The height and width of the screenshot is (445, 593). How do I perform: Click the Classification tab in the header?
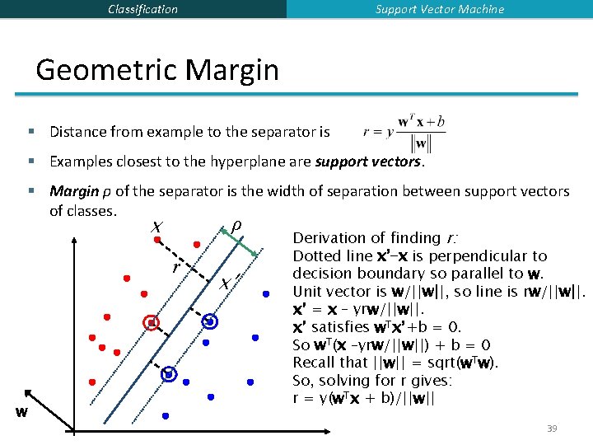[x=142, y=9]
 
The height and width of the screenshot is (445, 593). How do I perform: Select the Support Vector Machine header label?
[x=440, y=9]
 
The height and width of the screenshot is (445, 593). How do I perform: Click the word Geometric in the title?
[x=109, y=69]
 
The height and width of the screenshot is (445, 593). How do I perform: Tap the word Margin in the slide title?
[x=233, y=69]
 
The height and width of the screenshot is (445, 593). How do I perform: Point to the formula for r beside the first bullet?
[x=404, y=131]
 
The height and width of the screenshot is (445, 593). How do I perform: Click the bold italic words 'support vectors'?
[x=368, y=162]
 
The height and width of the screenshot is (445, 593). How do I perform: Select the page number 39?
[x=552, y=429]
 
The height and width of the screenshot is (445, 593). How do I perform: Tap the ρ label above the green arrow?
[x=236, y=225]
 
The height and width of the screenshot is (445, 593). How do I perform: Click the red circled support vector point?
[x=152, y=323]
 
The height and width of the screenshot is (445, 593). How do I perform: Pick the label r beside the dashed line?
[x=175, y=269]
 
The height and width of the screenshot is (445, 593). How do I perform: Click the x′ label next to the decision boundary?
[x=230, y=283]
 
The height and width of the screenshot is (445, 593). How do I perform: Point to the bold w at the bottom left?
[x=22, y=411]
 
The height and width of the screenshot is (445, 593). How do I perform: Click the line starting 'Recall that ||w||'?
[x=396, y=363]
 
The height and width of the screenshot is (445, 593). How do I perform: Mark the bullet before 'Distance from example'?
[x=30, y=132]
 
